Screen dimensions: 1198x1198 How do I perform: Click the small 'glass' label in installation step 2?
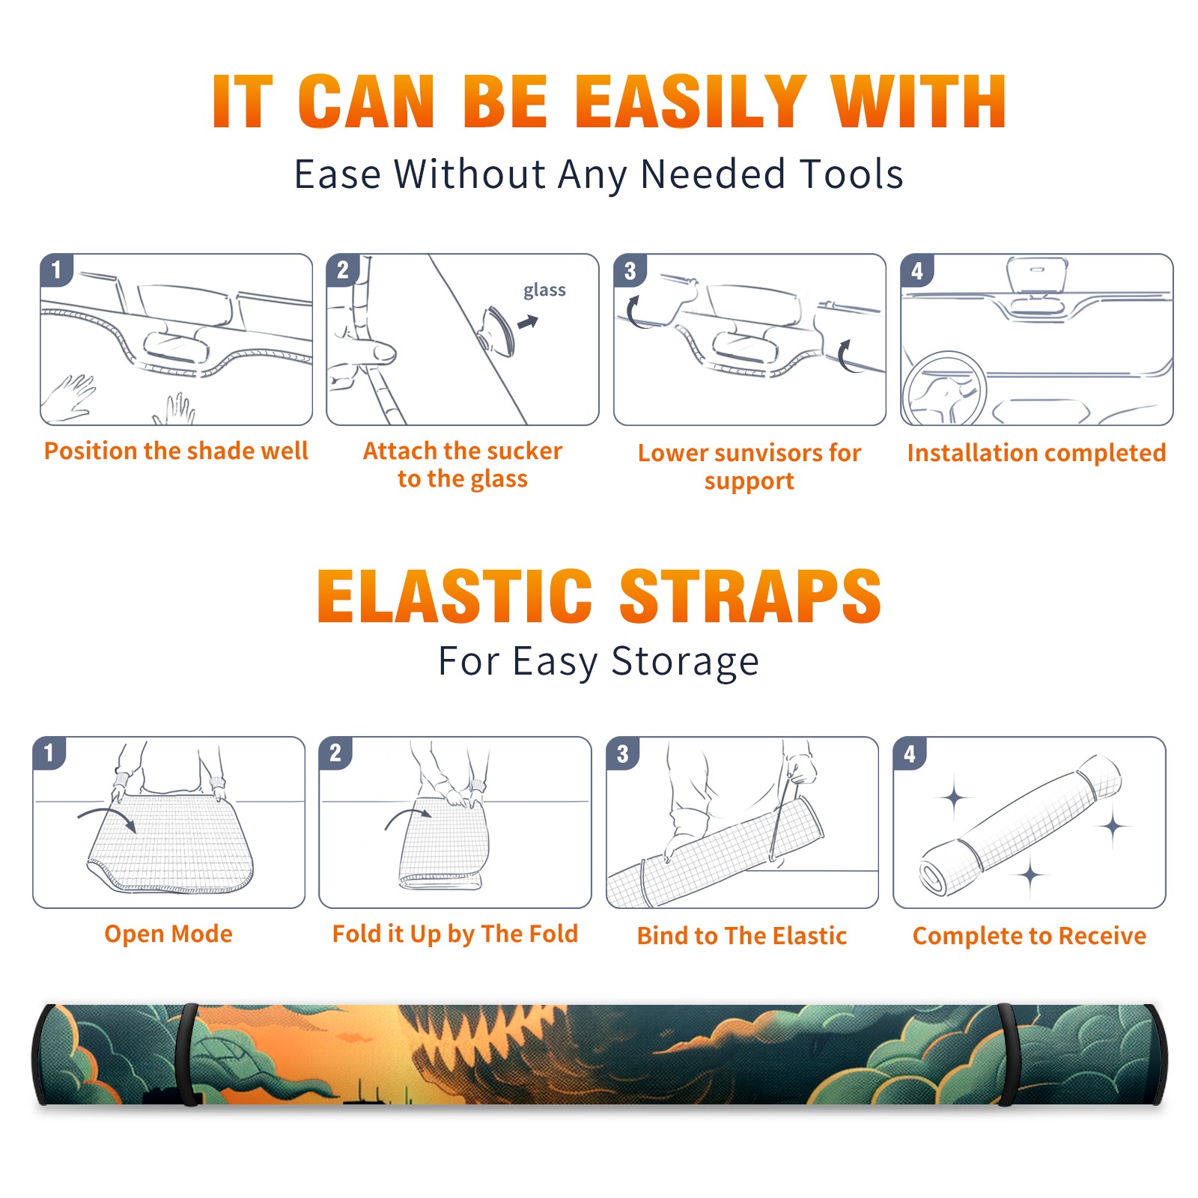(544, 291)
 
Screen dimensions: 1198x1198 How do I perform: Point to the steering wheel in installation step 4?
(943, 389)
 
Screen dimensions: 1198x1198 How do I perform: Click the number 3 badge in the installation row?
(630, 271)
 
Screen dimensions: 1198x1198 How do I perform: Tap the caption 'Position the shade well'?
(176, 451)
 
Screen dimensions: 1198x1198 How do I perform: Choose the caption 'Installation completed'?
(1036, 452)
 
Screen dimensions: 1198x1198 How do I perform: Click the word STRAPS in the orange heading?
(750, 596)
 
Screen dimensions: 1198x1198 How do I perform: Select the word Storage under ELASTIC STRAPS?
(685, 662)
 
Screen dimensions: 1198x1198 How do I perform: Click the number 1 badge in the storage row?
(49, 753)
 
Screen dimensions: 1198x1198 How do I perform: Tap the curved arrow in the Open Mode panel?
(107, 818)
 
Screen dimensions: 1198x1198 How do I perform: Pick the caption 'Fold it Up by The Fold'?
(455, 934)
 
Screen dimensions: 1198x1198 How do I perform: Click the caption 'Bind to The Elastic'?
(742, 935)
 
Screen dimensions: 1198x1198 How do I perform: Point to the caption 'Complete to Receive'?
(1030, 935)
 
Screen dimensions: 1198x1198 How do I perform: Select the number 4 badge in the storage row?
(910, 753)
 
